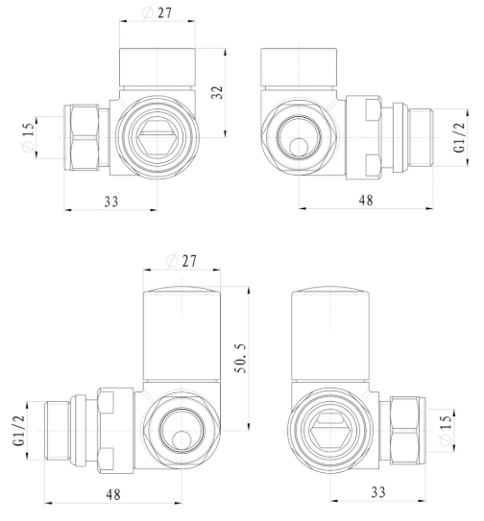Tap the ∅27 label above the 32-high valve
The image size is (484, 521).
tap(157, 13)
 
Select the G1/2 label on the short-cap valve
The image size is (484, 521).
tap(458, 137)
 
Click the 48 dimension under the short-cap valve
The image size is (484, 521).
tap(365, 201)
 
